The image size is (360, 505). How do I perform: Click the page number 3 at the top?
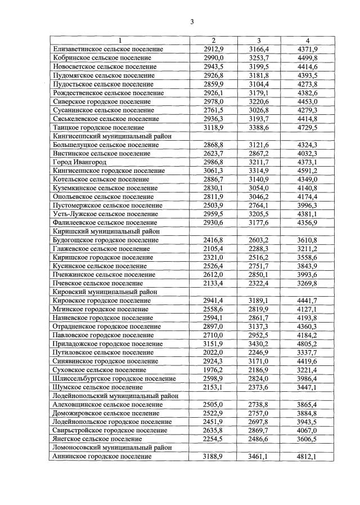coord(191,22)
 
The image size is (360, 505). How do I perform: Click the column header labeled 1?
coord(119,41)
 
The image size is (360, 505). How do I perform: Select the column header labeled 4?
coord(308,41)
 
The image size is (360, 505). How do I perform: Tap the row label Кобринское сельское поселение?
coord(102,57)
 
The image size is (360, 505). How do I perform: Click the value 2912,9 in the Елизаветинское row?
coord(214,49)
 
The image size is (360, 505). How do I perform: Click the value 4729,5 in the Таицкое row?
coord(308,127)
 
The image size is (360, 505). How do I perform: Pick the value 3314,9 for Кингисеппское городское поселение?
coord(259,171)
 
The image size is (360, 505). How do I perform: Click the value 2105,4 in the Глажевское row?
coord(214,248)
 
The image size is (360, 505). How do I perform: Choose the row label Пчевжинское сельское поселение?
coord(103,274)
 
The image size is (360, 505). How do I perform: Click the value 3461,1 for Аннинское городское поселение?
coord(259,457)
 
